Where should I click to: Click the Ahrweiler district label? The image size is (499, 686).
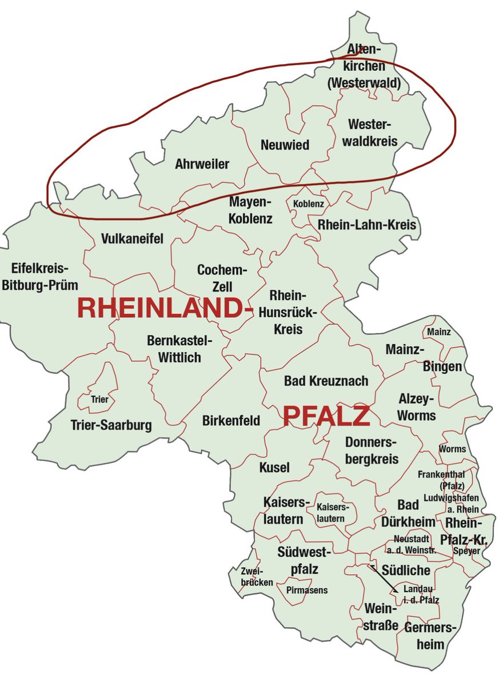point(202,165)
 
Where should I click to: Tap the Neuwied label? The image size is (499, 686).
point(285,145)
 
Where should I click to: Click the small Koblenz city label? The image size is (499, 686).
point(308,204)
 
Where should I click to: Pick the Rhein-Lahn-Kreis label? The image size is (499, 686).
point(362,225)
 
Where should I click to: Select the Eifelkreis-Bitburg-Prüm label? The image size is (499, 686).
point(39,277)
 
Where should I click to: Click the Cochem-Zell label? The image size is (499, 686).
point(222,277)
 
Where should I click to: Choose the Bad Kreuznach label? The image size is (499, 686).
point(326,381)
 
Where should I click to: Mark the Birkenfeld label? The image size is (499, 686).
point(231,421)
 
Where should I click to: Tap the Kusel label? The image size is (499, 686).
point(274,467)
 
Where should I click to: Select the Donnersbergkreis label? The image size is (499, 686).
point(372,450)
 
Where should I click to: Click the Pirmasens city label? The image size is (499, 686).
point(307,590)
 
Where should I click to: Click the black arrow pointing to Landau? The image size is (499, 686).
point(384,578)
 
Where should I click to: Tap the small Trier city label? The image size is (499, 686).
point(99,400)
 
